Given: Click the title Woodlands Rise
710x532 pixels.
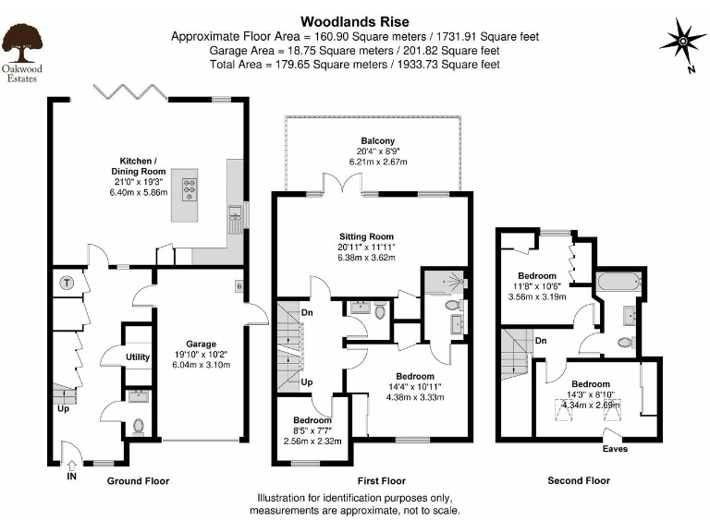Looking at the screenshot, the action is pos(355,22).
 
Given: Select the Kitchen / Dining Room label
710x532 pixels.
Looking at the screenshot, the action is pos(138,166).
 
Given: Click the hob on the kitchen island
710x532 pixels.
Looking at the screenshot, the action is pos(190,189).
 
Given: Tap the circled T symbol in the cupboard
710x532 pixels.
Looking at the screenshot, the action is pos(67,284).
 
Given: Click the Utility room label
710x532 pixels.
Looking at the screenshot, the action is pos(138,357).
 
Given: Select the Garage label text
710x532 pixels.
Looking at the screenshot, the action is pos(201,344).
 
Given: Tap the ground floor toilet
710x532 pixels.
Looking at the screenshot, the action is pos(138,427).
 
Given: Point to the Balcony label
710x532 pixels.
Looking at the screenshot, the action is pos(377,140).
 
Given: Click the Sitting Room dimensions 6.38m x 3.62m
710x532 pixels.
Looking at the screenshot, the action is pos(366,258).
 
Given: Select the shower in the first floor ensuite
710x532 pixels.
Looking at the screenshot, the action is pos(444,282).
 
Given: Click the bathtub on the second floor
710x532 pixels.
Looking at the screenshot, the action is pos(619,283).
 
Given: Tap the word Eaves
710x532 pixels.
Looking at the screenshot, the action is pos(615,449).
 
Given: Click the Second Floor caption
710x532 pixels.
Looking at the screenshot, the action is pos(579,480).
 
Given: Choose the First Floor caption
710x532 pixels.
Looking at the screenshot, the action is pos(381,481).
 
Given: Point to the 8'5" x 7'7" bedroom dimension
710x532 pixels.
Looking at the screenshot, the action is pos(312,430).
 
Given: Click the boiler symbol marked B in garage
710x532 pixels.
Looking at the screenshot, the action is pos(239,286).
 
